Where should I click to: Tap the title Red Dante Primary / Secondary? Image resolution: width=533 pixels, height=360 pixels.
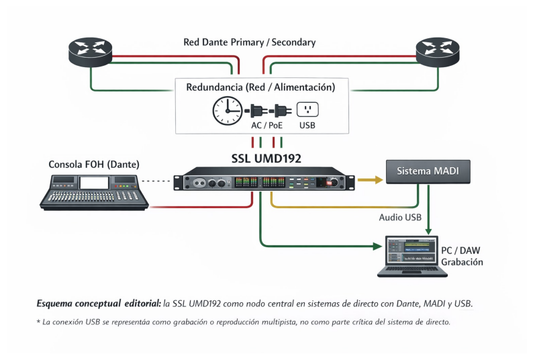tap(249, 42)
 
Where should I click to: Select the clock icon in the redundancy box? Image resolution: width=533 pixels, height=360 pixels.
tap(226, 110)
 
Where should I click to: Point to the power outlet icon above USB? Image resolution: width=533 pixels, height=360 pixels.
tap(307, 109)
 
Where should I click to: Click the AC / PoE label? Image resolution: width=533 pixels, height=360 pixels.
tap(266, 126)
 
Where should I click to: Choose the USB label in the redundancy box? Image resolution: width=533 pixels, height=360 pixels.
tap(307, 126)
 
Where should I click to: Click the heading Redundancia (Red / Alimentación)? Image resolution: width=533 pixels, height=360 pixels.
tap(260, 87)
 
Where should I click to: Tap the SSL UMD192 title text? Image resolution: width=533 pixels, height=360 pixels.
tap(266, 159)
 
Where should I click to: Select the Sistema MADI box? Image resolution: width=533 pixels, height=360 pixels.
tap(428, 172)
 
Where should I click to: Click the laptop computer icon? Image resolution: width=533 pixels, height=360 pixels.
tap(411, 256)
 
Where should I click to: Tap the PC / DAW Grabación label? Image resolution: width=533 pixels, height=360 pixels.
tap(462, 256)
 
